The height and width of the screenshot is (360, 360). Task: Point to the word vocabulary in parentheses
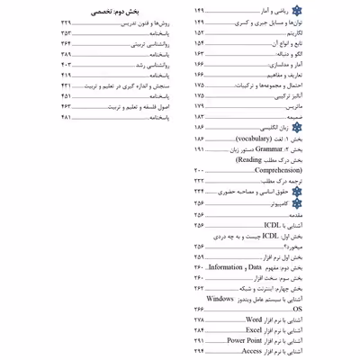pyautogui.click(x=277, y=141)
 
